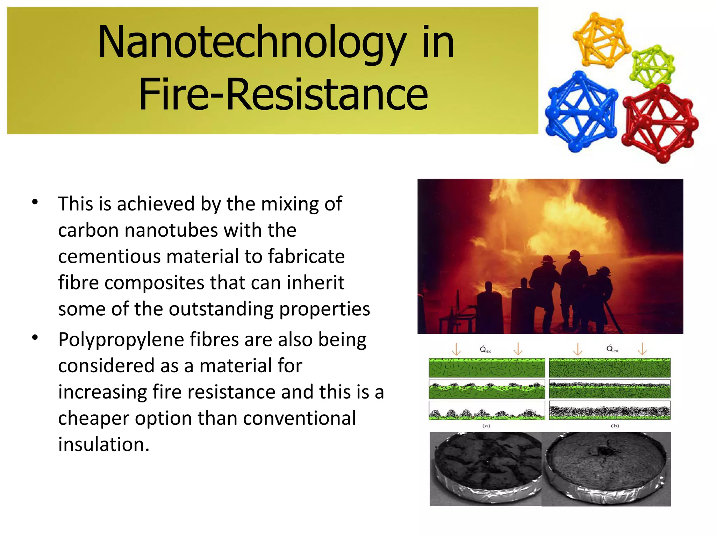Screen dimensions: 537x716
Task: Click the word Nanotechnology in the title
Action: pyautogui.click(x=252, y=43)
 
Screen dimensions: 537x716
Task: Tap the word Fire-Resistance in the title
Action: pyautogui.click(x=283, y=94)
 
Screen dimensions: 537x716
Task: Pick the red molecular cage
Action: pyautogui.click(x=659, y=123)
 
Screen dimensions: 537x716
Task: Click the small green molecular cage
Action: pyautogui.click(x=652, y=66)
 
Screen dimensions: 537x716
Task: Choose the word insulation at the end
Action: pyautogui.click(x=103, y=445)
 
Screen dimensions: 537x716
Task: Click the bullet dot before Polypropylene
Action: pyautogui.click(x=35, y=338)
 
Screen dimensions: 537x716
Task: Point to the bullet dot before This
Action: pyautogui.click(x=35, y=202)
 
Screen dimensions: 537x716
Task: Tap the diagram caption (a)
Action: pyautogui.click(x=486, y=426)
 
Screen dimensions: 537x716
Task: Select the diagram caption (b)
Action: pyautogui.click(x=615, y=426)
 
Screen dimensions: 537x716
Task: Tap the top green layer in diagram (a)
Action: pyautogui.click(x=487, y=367)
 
